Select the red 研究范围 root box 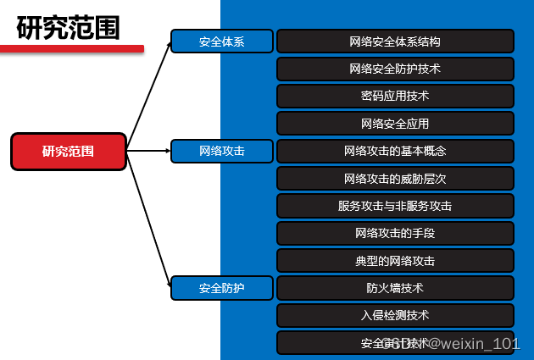[x=69, y=152]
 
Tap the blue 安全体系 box [x=222, y=42]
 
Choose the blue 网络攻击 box [x=222, y=152]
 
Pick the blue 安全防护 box [x=222, y=288]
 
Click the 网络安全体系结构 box [x=395, y=42]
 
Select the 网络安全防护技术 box [x=395, y=69]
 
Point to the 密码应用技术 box [x=395, y=96]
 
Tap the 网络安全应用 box [x=395, y=124]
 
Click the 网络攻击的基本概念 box [x=395, y=152]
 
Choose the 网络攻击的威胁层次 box [x=395, y=179]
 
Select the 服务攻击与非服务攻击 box [x=395, y=206]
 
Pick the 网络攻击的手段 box [x=395, y=233]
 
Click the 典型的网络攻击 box [x=395, y=261]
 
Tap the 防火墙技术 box [x=395, y=288]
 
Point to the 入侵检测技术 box [x=395, y=315]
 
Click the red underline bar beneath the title [x=71, y=48]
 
